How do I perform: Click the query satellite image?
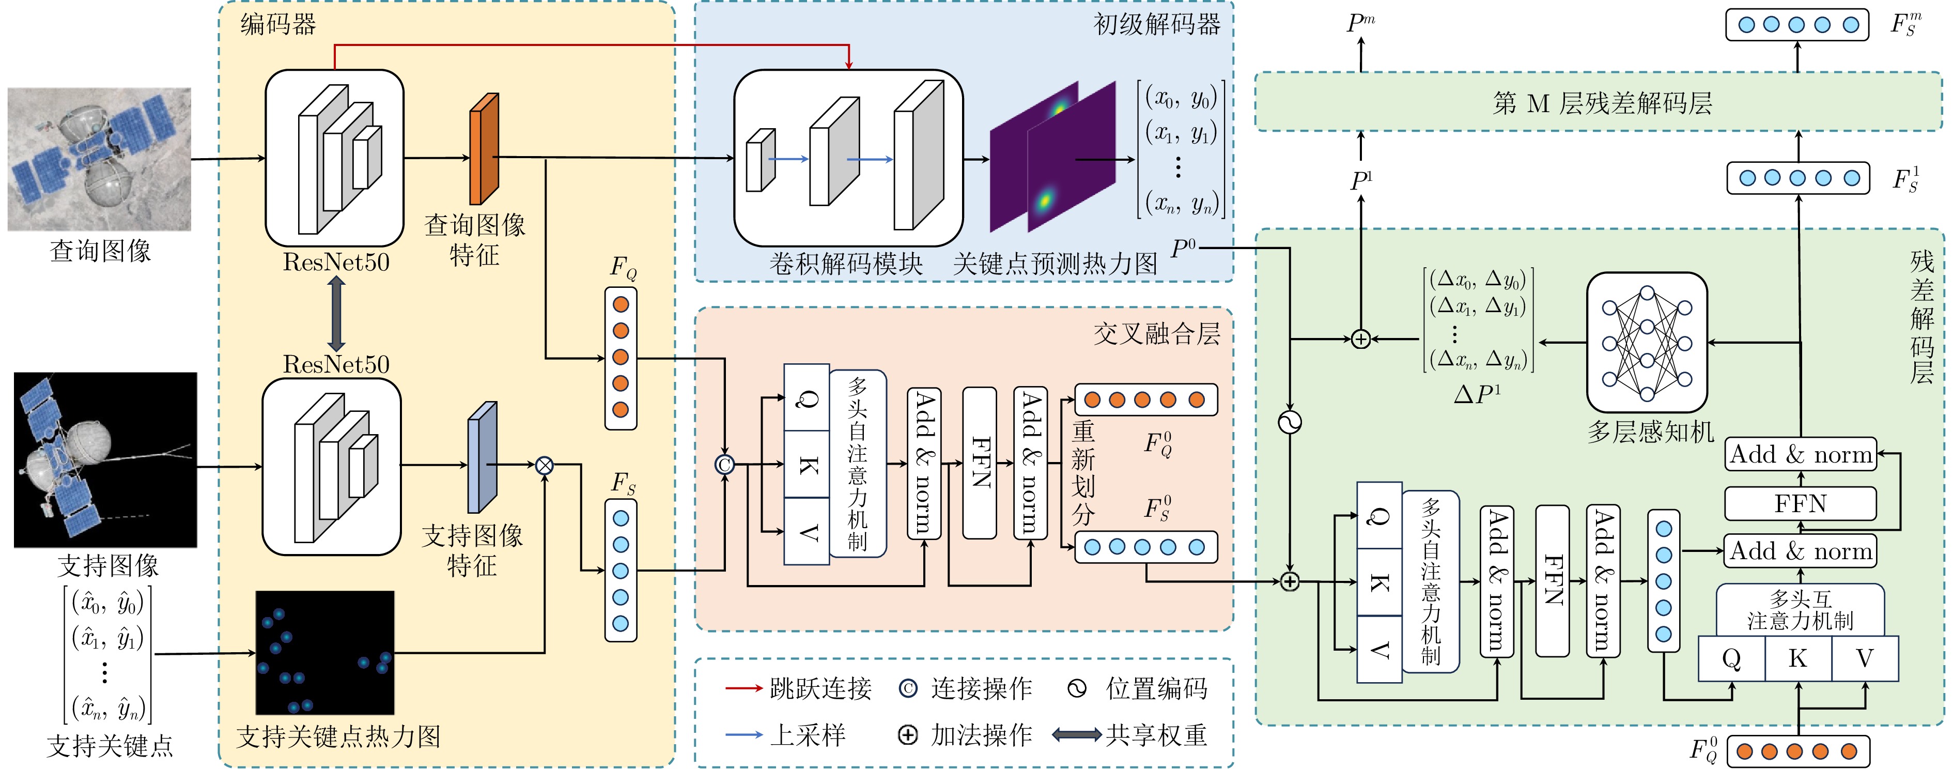point(99,159)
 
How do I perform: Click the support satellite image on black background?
point(105,459)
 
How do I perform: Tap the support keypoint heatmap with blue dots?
point(324,652)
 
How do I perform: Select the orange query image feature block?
point(484,149)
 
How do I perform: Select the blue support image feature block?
point(482,458)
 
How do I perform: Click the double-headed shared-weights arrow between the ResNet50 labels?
point(336,313)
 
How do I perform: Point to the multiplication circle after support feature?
point(545,466)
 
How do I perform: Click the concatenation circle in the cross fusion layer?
point(725,464)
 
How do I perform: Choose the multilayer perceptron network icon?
point(1647,343)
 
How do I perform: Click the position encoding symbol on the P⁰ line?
point(1289,422)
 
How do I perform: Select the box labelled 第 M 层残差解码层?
point(1600,102)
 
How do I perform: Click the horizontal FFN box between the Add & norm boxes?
point(1800,503)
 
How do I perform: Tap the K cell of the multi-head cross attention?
point(1797,658)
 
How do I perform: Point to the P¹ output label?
point(1361,180)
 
